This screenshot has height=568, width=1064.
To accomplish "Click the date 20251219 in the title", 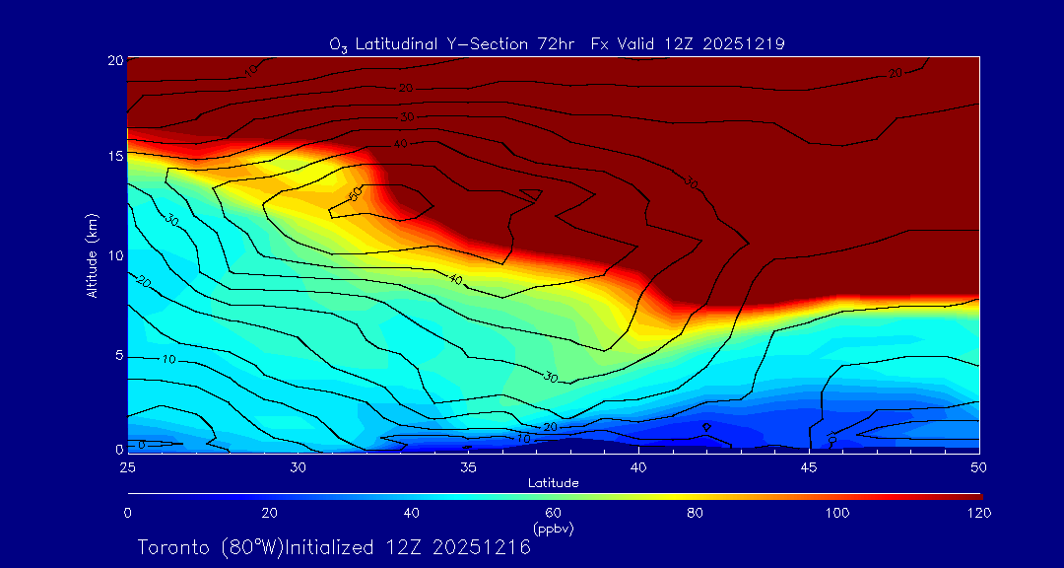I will (744, 43).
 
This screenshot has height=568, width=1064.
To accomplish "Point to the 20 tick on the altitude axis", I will (114, 59).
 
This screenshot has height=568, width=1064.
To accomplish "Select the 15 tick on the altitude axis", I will (114, 157).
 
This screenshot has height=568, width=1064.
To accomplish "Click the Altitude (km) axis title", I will (93, 254).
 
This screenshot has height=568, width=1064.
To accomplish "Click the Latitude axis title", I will (553, 482).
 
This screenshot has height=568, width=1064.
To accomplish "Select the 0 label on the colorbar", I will (127, 513).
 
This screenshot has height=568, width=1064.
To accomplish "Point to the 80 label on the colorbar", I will (696, 513).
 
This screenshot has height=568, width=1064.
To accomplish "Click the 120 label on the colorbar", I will (978, 513).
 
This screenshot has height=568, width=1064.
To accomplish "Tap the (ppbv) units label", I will (553, 528).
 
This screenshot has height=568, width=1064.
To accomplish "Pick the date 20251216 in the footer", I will (484, 547).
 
